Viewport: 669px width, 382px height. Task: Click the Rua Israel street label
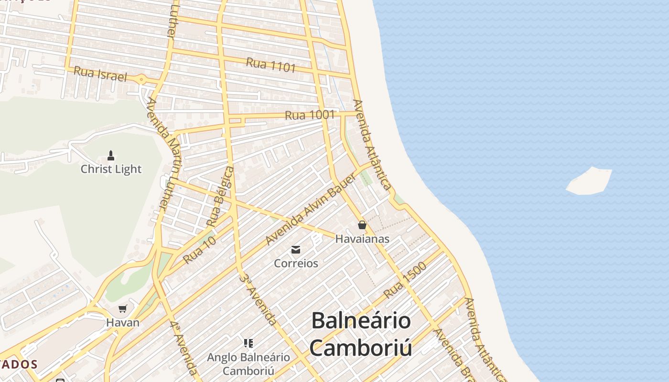(x=100, y=74)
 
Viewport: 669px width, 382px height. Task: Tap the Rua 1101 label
(x=271, y=65)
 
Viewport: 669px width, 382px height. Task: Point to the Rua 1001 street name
(x=310, y=115)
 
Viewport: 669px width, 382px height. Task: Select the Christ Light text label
(x=111, y=169)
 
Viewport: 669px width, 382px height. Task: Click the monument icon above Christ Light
(x=111, y=155)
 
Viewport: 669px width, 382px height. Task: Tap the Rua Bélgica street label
(x=220, y=196)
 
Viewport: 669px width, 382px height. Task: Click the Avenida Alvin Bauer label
(x=311, y=209)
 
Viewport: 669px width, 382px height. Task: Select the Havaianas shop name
(x=362, y=239)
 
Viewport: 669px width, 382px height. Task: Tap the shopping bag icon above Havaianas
(x=362, y=224)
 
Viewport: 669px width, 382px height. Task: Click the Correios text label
(x=296, y=263)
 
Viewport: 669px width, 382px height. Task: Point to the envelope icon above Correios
(x=296, y=249)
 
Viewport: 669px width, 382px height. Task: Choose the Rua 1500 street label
(x=405, y=280)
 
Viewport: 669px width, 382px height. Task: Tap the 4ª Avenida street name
(x=183, y=348)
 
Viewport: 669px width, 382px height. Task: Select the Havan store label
(x=123, y=322)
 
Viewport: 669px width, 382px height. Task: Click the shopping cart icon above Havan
(x=123, y=308)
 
